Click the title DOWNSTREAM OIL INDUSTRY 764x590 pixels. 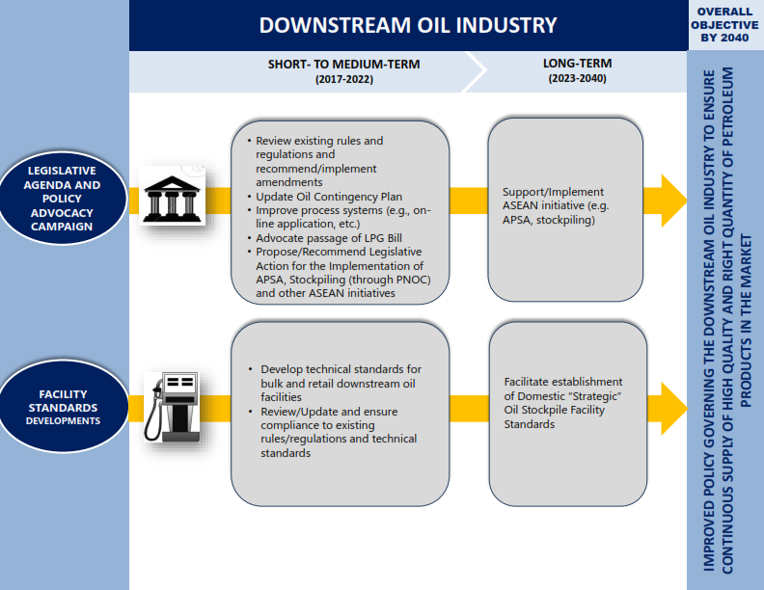[408, 25]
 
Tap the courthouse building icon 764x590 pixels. [172, 196]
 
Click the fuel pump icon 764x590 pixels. [172, 407]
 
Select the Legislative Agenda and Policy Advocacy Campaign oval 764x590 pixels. [63, 199]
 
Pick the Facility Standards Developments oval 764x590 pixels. [64, 407]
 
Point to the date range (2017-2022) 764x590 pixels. [344, 79]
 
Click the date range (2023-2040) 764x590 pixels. [578, 78]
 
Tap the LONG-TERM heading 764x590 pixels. [578, 64]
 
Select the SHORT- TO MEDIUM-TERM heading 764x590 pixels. [344, 65]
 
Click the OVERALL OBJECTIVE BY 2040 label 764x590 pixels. [724, 25]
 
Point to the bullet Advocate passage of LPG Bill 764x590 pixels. [325, 238]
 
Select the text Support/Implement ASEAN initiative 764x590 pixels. [553, 199]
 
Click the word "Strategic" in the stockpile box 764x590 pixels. [594, 396]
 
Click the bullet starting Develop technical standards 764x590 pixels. [337, 383]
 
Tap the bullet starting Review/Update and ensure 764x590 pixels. [334, 432]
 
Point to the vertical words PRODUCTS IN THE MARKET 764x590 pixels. [746, 320]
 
